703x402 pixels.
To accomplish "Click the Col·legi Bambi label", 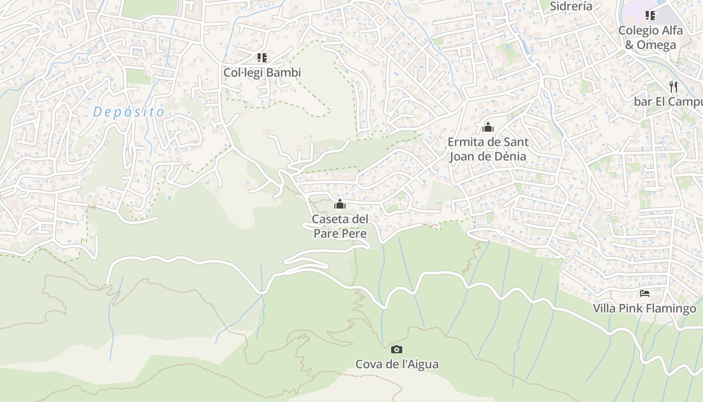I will (x=262, y=72).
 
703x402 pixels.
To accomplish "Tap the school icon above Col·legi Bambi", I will (x=262, y=58).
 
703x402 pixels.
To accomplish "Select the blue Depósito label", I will (x=129, y=112).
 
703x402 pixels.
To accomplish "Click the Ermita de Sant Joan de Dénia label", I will (x=488, y=149).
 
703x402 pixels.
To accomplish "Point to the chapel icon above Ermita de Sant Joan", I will (x=488, y=127).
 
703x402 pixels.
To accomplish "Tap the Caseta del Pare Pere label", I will (x=340, y=226).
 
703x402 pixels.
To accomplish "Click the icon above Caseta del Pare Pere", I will (x=340, y=204).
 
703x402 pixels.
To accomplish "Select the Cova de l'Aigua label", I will (x=397, y=364).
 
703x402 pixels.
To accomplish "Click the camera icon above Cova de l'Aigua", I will (x=396, y=349).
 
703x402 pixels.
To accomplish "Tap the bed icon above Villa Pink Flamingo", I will (x=645, y=293).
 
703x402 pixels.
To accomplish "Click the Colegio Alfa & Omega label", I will (x=650, y=37).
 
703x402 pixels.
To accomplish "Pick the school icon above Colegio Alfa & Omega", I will (x=650, y=16).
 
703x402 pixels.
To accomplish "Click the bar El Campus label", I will (x=668, y=102).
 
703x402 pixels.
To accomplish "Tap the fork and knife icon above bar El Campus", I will (x=673, y=86).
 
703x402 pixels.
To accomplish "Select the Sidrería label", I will (x=571, y=6).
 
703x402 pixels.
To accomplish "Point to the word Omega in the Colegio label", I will (x=656, y=45).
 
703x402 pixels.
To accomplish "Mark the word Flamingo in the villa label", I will (x=671, y=308).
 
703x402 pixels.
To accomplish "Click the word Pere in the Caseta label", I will (x=354, y=234).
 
